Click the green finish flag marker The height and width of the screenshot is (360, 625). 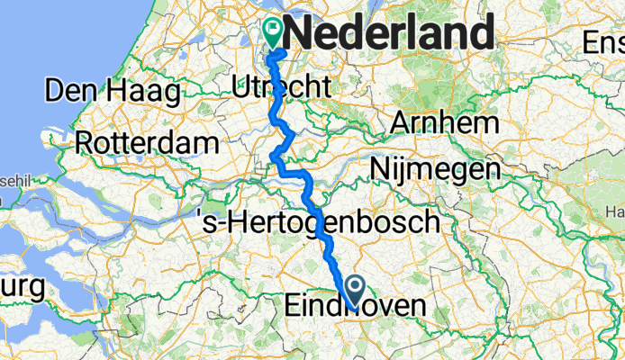(271, 34)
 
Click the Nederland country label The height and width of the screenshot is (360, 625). (393, 34)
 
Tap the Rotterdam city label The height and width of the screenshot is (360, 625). (147, 142)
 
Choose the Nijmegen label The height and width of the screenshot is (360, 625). (436, 168)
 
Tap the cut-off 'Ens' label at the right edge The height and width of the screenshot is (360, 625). (603, 42)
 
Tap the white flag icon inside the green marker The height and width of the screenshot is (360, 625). (271, 29)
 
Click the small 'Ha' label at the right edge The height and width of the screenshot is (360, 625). (617, 211)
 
